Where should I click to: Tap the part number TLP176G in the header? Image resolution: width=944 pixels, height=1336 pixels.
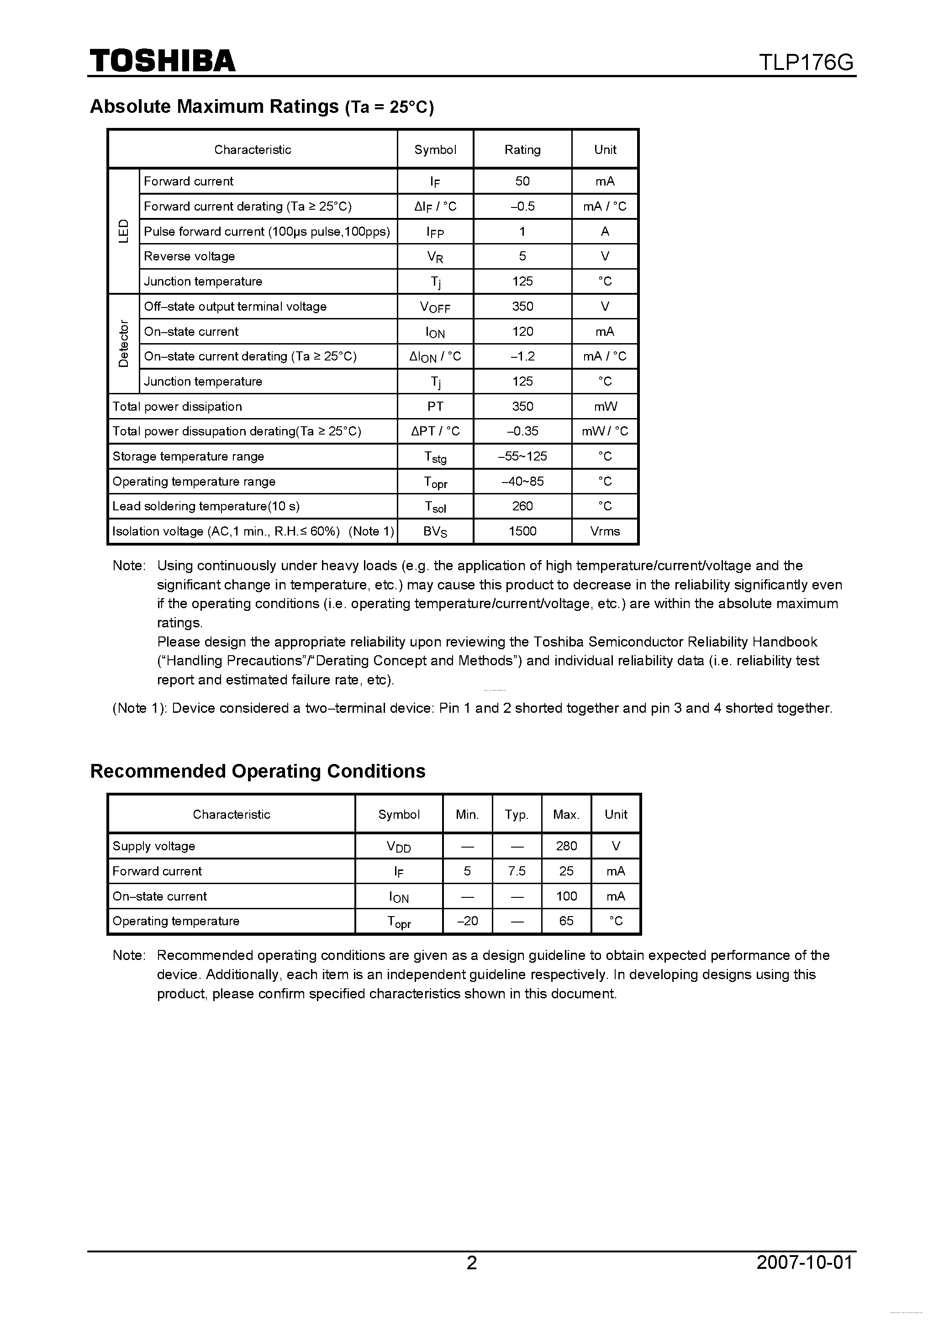(x=806, y=62)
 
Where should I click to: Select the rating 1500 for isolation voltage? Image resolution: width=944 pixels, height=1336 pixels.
(x=522, y=531)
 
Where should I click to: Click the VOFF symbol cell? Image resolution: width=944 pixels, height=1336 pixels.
(x=435, y=307)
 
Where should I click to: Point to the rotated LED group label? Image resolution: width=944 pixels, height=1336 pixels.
(x=124, y=231)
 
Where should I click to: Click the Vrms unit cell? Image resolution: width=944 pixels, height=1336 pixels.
(x=605, y=531)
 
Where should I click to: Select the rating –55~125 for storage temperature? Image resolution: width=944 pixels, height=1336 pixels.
(x=522, y=456)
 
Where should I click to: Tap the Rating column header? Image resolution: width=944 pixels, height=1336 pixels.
(x=522, y=149)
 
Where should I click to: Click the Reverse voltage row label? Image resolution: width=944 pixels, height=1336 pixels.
(x=190, y=257)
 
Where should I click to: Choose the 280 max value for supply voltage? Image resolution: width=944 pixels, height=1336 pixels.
(x=566, y=846)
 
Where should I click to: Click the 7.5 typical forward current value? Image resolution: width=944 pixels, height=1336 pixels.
(x=517, y=871)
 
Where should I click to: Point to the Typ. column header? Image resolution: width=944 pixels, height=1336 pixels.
(x=517, y=815)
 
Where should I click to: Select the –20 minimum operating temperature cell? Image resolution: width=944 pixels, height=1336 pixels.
(x=467, y=921)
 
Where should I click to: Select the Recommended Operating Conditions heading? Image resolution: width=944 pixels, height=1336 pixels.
(x=258, y=771)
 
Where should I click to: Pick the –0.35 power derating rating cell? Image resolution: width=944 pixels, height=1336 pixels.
(x=522, y=431)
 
